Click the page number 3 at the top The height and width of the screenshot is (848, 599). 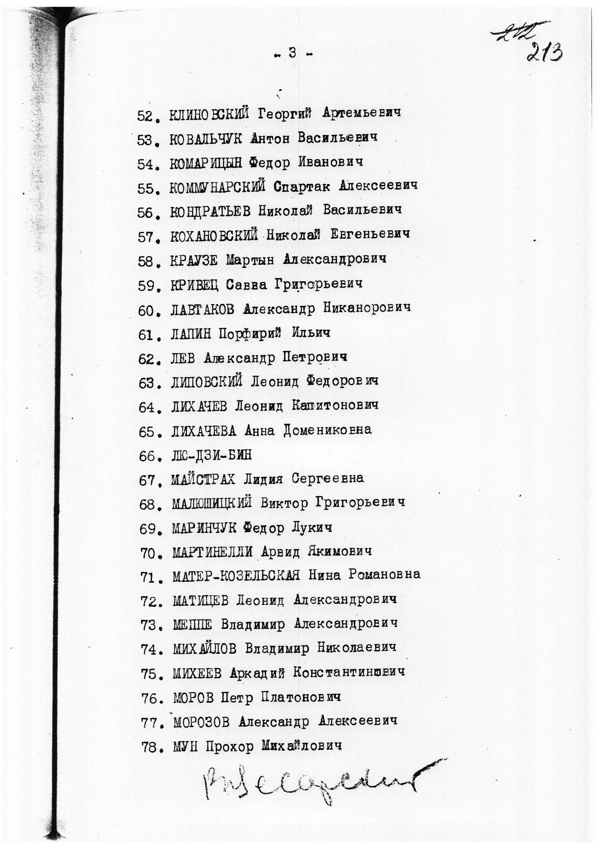coord(293,53)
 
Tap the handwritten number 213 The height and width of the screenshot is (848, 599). coord(544,51)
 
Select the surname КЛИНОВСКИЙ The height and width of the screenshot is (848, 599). coord(209,114)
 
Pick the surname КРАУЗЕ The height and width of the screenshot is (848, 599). coord(194,260)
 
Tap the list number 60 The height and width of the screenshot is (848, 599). coord(146,311)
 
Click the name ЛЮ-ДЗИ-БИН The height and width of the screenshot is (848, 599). coord(211,455)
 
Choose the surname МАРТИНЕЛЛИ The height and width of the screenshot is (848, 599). coord(212,552)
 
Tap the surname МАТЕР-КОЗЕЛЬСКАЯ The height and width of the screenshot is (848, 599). coord(236,575)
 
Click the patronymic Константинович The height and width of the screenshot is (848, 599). coord(349,672)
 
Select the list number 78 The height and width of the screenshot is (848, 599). coord(149,747)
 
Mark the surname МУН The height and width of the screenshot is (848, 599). coord(185,746)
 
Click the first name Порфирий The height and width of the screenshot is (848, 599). coord(249,334)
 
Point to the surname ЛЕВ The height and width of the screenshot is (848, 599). coord(182,358)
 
